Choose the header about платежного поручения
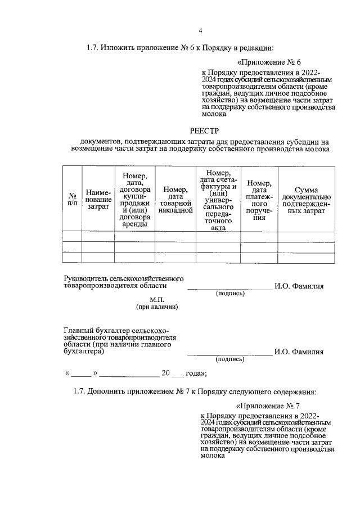[259, 200]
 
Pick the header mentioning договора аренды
[134, 200]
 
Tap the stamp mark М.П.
[157, 299]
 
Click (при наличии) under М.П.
[157, 307]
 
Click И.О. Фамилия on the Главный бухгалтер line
[299, 352]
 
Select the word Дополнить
[107, 391]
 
